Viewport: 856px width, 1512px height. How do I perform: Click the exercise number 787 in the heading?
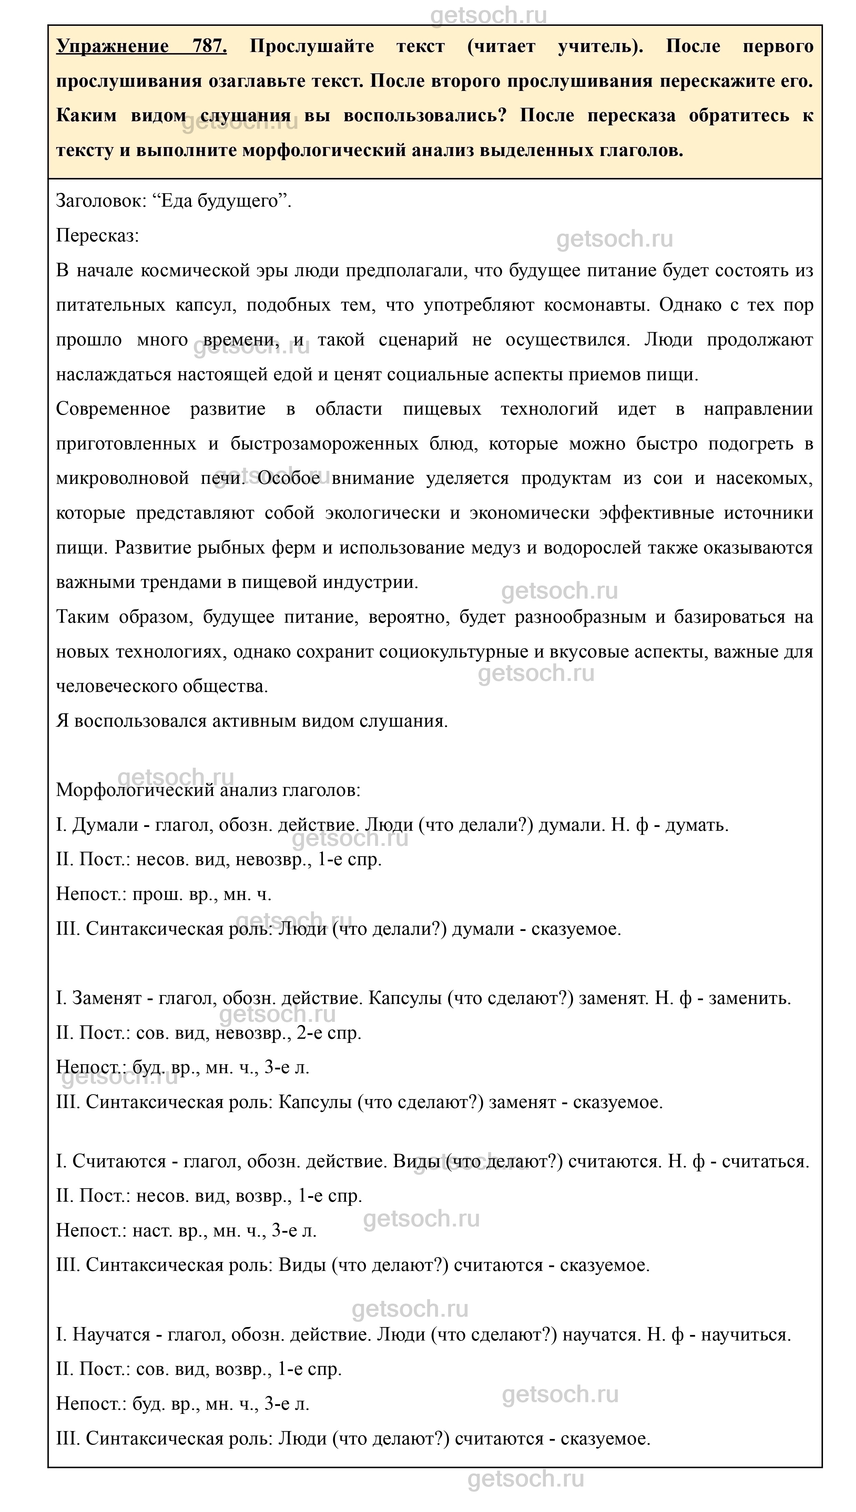click(209, 46)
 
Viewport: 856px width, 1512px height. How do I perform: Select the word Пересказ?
click(97, 236)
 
